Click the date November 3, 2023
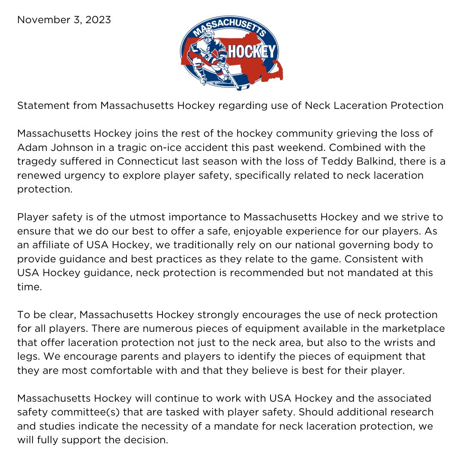[64, 20]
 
